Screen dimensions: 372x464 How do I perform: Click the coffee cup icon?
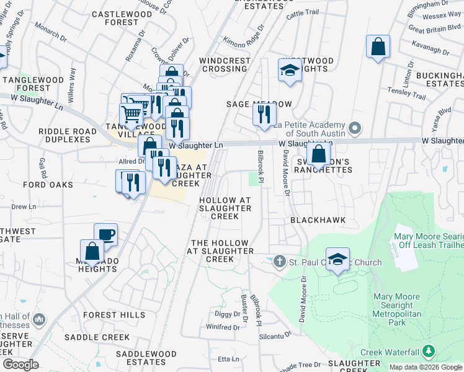point(106,234)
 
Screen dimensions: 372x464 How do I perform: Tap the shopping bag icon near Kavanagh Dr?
point(378,47)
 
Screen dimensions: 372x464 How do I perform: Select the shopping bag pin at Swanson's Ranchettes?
point(318,154)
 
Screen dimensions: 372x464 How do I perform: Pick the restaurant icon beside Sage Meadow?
point(265,114)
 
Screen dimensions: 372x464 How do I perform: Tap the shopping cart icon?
point(131,114)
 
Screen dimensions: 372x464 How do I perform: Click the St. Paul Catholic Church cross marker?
point(280,262)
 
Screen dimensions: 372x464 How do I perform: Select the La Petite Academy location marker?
point(355,128)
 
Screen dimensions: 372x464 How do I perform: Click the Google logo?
point(21,365)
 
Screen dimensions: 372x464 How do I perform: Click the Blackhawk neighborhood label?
point(318,220)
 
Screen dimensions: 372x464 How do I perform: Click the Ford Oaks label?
point(48,185)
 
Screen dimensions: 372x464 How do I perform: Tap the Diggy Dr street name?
point(227,314)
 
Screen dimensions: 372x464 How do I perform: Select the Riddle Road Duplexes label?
point(68,135)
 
